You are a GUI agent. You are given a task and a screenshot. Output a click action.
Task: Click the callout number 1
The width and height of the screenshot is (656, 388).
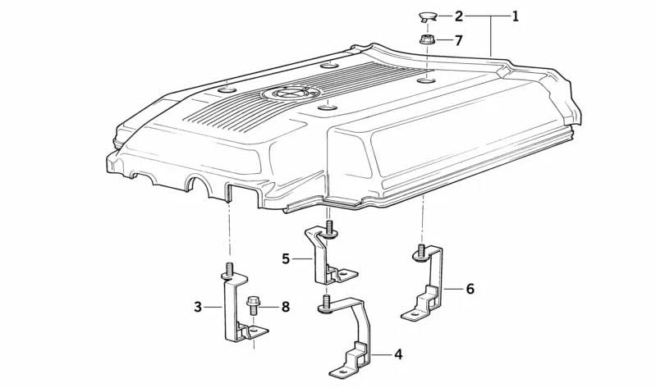515,16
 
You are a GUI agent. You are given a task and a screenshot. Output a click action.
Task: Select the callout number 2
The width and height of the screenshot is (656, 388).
459,16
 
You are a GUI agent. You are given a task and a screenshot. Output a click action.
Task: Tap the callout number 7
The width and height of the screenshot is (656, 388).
459,39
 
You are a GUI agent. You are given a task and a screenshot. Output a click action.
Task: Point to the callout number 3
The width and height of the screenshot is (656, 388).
198,307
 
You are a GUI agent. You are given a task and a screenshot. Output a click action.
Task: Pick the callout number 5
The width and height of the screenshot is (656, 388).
286,258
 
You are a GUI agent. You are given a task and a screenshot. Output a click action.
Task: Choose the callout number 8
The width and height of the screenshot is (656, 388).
285,307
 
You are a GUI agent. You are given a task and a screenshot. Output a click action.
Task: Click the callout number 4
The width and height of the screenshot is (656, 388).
397,354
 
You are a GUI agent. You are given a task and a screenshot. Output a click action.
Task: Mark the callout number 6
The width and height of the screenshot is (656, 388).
470,289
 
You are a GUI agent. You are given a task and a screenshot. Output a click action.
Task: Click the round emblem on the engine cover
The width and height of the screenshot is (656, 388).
284,94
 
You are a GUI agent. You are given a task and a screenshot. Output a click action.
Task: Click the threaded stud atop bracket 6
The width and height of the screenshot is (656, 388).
420,252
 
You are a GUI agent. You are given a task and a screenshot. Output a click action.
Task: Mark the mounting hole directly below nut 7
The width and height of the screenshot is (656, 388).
426,80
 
